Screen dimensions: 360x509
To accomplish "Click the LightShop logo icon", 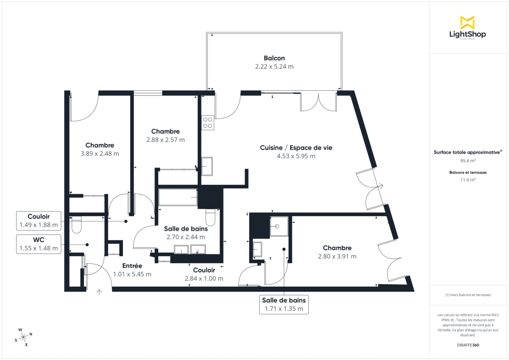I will click(x=467, y=22).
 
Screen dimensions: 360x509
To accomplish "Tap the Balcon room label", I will click(x=274, y=58).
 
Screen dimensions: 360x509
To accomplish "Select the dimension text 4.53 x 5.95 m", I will click(x=296, y=156).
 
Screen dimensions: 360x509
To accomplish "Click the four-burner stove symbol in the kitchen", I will click(x=208, y=123).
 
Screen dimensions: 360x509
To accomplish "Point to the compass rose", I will click(x=24, y=337).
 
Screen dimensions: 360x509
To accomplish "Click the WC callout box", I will click(x=39, y=244).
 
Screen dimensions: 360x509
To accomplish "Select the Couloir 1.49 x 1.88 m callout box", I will click(x=39, y=221).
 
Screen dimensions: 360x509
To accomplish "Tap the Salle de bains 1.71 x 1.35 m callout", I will click(x=284, y=304).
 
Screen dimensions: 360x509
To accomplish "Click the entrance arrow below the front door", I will click(x=100, y=292).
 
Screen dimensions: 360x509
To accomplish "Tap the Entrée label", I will click(x=132, y=266).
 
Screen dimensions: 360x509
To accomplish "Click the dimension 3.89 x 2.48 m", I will click(x=100, y=153).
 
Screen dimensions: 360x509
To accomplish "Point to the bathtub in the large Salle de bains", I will click(x=178, y=198).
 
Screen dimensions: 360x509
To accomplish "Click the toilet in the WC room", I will click(x=76, y=224).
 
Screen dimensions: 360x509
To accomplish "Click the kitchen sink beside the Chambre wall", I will click(x=207, y=166).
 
